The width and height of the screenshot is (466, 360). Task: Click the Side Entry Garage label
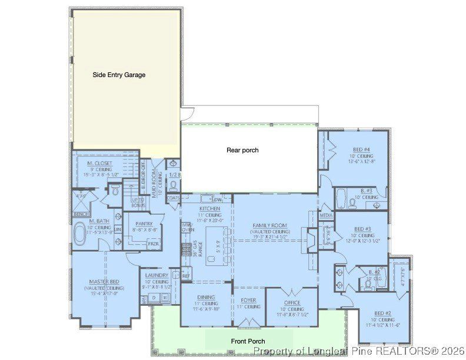click(x=119, y=75)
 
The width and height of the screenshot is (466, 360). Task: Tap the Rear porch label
click(x=242, y=150)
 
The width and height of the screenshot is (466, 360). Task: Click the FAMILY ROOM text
click(x=269, y=226)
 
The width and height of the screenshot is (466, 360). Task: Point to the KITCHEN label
click(x=209, y=209)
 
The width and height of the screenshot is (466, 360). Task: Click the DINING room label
click(x=206, y=297)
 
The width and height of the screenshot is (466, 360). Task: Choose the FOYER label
click(x=248, y=300)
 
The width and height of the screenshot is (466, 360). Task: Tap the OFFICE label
click(x=292, y=303)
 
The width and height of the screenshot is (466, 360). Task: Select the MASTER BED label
click(x=105, y=282)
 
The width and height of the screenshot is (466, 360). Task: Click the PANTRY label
click(x=144, y=224)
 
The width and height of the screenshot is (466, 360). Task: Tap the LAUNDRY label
click(x=157, y=275)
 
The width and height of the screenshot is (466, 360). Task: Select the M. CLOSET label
click(x=99, y=163)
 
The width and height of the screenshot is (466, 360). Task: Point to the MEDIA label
click(x=326, y=215)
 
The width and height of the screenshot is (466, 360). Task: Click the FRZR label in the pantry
click(x=152, y=244)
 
